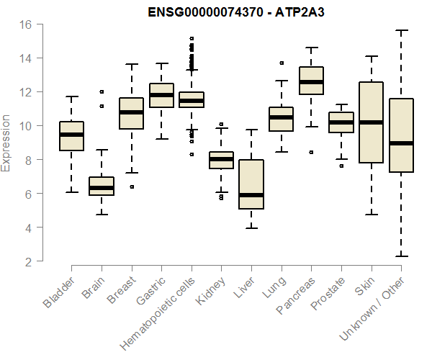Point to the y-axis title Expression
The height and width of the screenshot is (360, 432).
point(6,143)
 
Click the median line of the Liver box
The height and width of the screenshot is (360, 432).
point(251,194)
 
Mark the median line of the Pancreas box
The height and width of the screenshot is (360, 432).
point(311,82)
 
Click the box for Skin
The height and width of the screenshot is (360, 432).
point(371,122)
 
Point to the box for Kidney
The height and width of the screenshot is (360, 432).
point(221,160)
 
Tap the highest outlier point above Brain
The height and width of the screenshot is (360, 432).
point(102,91)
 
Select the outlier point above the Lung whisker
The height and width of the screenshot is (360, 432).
point(281,63)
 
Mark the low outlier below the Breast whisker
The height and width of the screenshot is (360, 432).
point(131,186)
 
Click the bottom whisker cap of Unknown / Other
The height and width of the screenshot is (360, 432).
point(401,256)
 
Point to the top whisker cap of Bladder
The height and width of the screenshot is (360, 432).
point(71,96)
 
